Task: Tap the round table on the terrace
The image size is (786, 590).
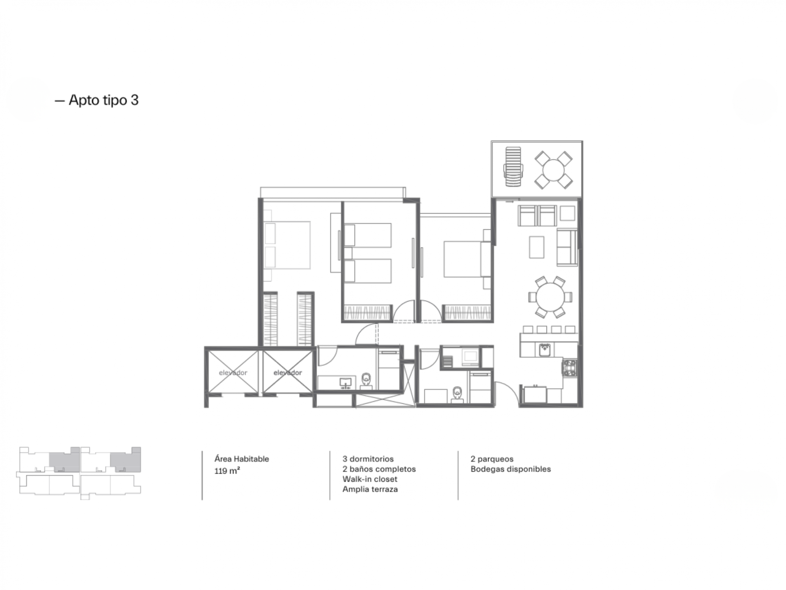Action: click(554, 170)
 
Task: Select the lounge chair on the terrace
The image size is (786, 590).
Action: click(513, 167)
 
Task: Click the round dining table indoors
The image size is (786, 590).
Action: click(550, 297)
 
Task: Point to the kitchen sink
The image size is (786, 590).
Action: click(544, 350)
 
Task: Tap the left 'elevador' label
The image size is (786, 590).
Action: click(233, 373)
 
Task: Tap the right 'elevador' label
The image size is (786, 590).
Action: click(288, 373)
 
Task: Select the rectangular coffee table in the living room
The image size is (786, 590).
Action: click(537, 247)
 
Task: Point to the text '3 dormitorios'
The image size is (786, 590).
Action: click(368, 459)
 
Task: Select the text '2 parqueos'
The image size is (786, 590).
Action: click(492, 459)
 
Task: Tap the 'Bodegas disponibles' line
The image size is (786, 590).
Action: click(511, 469)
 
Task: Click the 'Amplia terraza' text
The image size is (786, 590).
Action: click(370, 489)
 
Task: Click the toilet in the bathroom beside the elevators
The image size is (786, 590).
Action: click(366, 380)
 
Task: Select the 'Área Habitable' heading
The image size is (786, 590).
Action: click(242, 459)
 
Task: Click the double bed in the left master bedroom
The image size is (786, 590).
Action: click(287, 245)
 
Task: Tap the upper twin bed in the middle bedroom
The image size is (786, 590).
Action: click(368, 235)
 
